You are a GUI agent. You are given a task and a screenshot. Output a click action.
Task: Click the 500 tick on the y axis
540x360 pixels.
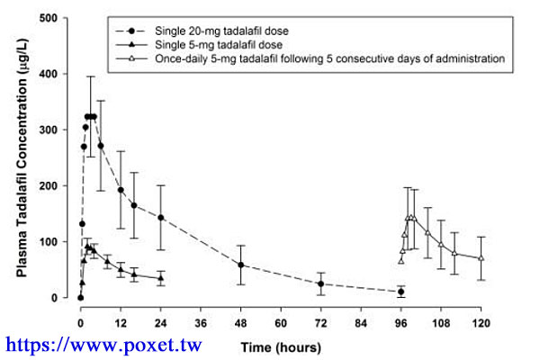click(x=61, y=18)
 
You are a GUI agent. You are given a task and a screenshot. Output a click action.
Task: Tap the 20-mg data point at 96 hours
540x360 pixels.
click(x=401, y=292)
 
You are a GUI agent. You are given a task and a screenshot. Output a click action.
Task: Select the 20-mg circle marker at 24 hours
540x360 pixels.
click(x=161, y=218)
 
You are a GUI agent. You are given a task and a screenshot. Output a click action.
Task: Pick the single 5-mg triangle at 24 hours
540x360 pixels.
click(x=161, y=278)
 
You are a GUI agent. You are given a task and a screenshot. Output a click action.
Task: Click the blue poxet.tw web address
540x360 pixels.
click(x=104, y=344)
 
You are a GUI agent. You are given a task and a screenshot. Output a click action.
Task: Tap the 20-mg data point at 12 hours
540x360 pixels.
click(x=121, y=190)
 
